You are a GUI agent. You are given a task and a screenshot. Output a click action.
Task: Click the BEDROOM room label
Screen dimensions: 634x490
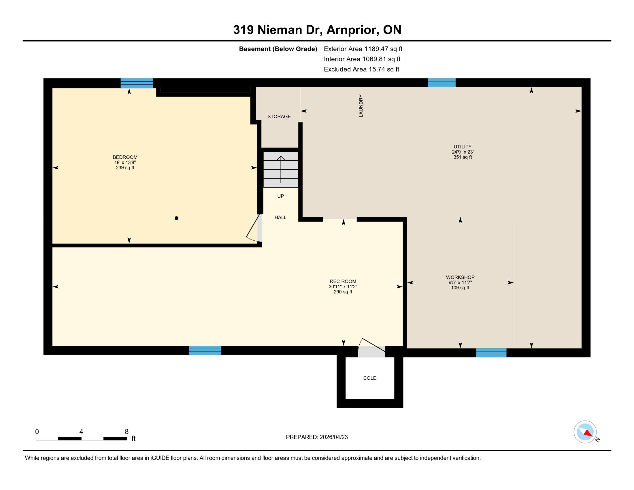pyautogui.click(x=125, y=157)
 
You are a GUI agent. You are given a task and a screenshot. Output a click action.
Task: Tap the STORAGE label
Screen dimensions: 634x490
pyautogui.click(x=279, y=116)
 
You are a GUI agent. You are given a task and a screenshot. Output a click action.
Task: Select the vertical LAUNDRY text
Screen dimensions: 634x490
pyautogui.click(x=361, y=106)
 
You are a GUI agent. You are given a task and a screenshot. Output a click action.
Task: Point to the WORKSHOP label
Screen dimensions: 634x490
pyautogui.click(x=460, y=277)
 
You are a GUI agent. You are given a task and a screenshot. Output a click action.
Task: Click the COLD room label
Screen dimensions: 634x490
pyautogui.click(x=370, y=378)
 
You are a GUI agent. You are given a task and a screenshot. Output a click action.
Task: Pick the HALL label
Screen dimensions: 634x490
pyautogui.click(x=280, y=217)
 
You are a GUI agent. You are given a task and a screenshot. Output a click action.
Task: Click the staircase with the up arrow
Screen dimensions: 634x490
pyautogui.click(x=281, y=169)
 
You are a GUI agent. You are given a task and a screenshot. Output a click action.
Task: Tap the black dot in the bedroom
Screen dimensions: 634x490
pyautogui.click(x=176, y=218)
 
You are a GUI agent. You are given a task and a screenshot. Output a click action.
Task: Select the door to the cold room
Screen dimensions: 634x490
pyautogui.click(x=371, y=348)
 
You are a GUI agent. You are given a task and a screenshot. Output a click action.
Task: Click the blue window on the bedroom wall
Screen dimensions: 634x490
pyautogui.click(x=137, y=83)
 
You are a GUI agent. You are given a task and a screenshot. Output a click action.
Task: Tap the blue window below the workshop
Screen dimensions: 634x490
pyautogui.click(x=491, y=353)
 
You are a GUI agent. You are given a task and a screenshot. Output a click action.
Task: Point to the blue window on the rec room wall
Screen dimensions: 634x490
pyautogui.click(x=205, y=350)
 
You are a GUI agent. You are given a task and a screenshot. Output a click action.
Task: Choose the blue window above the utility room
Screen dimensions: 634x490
pyautogui.click(x=442, y=83)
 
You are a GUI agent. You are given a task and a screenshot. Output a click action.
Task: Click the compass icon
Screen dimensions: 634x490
pyautogui.click(x=585, y=432)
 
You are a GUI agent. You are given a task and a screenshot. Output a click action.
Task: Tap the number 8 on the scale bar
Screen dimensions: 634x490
pyautogui.click(x=127, y=432)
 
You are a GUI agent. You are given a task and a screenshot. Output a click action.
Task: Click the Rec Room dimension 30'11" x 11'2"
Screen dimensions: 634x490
pyautogui.click(x=343, y=287)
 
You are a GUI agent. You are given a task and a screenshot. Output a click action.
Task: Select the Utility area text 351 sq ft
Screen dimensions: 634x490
pyautogui.click(x=463, y=157)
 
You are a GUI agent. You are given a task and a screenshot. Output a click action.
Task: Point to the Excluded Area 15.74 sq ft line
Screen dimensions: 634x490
pyautogui.click(x=361, y=69)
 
